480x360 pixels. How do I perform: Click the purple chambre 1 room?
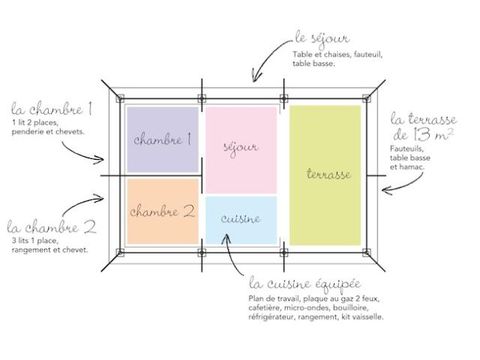(163, 139)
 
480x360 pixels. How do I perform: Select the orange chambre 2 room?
(163, 212)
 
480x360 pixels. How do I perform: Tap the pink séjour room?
(241, 150)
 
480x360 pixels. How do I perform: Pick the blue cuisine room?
(241, 220)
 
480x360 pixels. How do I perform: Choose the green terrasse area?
(325, 175)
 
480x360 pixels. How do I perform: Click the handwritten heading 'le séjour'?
(322, 39)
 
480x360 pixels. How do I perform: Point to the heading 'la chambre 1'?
(52, 108)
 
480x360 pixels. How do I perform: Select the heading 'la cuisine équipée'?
(305, 284)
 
